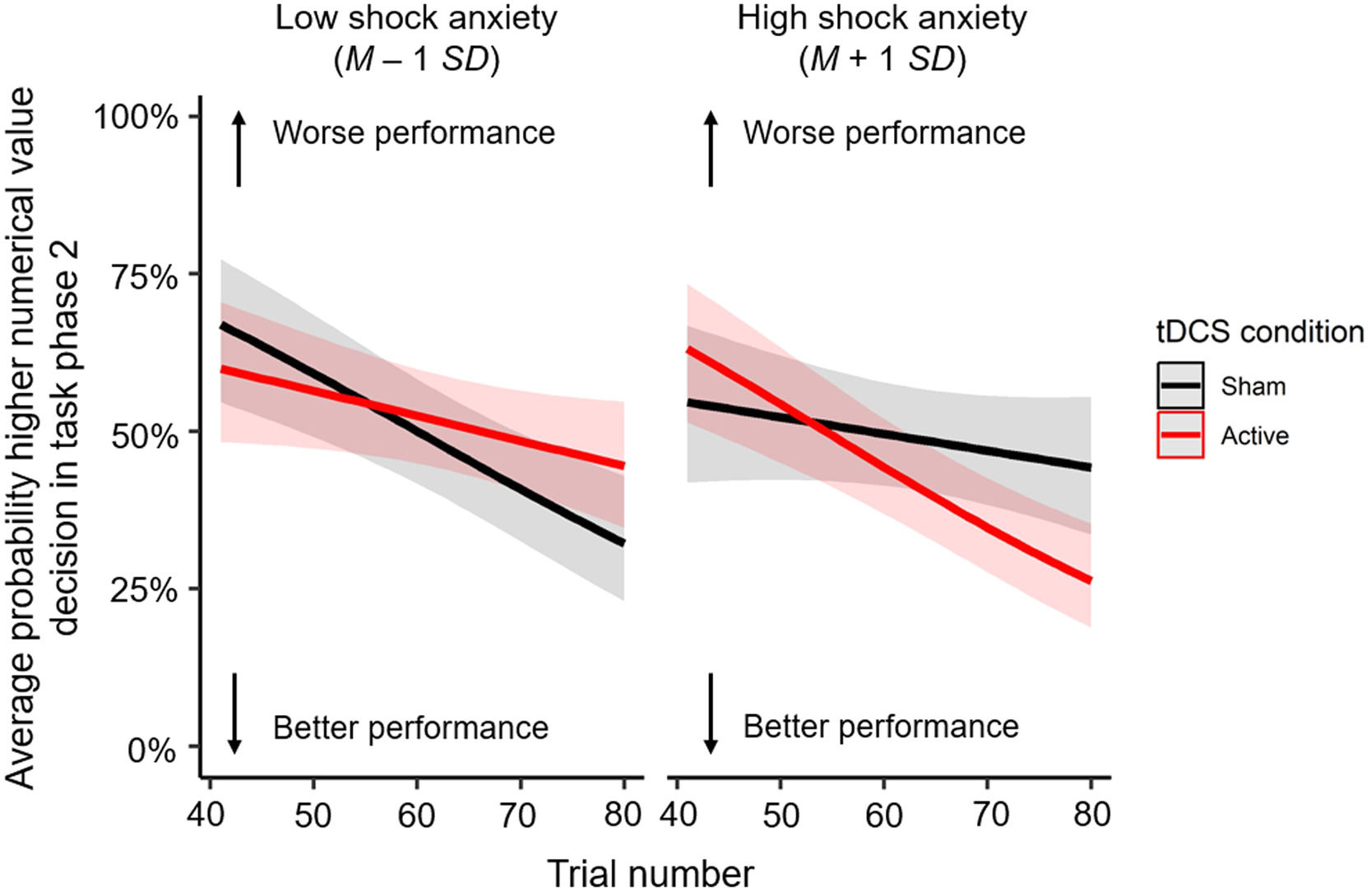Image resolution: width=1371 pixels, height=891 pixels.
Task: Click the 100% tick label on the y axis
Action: click(x=135, y=118)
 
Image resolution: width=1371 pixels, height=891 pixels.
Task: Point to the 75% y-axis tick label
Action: click(x=145, y=277)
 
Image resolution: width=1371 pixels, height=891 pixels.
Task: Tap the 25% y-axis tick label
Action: click(x=145, y=591)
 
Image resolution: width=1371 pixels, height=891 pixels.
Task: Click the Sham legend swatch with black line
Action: click(x=1180, y=385)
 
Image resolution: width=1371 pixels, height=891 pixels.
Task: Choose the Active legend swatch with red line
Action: click(x=1180, y=435)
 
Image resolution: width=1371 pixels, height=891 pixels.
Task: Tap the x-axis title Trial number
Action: click(x=651, y=873)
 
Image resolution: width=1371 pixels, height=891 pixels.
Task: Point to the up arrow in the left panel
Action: click(x=239, y=149)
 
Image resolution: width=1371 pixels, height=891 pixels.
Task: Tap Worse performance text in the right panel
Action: click(x=884, y=132)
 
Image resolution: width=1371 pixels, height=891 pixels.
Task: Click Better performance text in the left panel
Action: click(x=410, y=728)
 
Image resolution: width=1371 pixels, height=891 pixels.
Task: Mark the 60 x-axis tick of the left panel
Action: click(x=416, y=815)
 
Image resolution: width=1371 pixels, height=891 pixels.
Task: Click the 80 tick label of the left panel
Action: click(x=623, y=815)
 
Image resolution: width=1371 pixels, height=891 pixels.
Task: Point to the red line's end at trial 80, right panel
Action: click(x=1090, y=581)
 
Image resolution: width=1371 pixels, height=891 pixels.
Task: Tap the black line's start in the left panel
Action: click(x=222, y=326)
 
